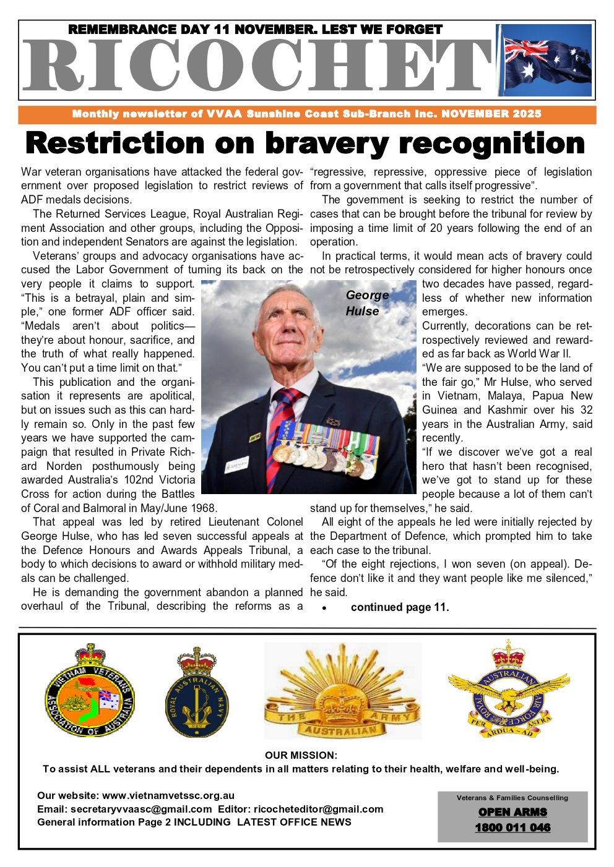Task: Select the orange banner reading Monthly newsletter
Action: pyautogui.click(x=307, y=114)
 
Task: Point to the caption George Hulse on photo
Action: pyautogui.click(x=366, y=303)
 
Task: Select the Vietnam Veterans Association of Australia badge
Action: pyautogui.click(x=90, y=691)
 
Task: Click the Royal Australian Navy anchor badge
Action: pyautogui.click(x=197, y=693)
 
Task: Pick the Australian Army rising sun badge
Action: pyautogui.click(x=342, y=691)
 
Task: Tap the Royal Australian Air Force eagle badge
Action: pyautogui.click(x=508, y=691)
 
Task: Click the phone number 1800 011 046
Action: pyautogui.click(x=512, y=827)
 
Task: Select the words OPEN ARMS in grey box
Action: pyautogui.click(x=512, y=812)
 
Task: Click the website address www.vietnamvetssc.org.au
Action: pyautogui.click(x=168, y=796)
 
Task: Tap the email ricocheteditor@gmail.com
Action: pyautogui.click(x=318, y=809)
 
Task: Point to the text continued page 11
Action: pyautogui.click(x=400, y=607)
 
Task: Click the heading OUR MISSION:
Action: pyautogui.click(x=301, y=755)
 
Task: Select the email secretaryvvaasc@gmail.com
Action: pyautogui.click(x=141, y=809)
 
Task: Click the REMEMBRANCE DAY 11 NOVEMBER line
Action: pyautogui.click(x=255, y=30)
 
